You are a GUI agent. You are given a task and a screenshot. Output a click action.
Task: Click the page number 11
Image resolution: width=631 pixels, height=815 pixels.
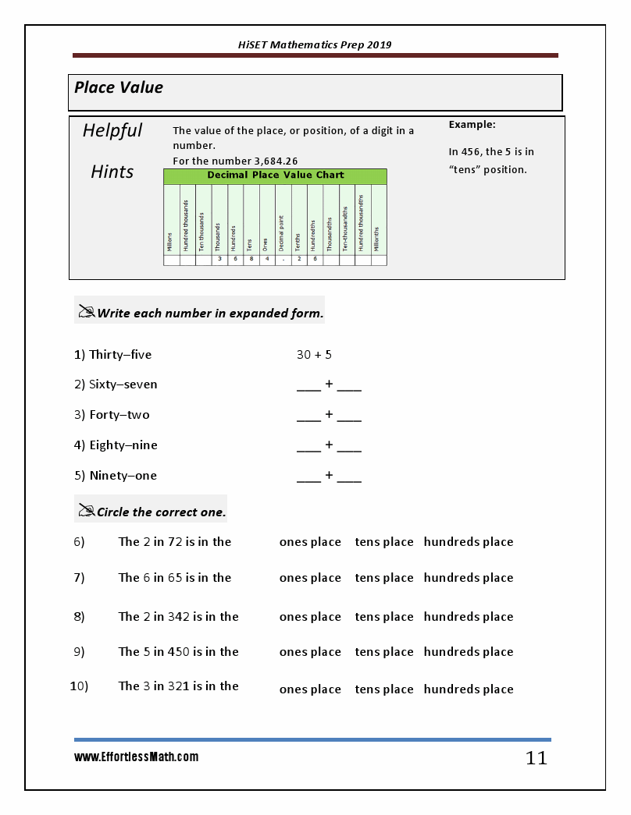click(537, 757)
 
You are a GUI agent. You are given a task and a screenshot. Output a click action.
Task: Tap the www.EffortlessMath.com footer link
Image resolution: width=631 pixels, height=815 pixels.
click(137, 757)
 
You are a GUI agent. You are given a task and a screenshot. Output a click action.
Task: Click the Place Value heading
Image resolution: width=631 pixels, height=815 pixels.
click(119, 87)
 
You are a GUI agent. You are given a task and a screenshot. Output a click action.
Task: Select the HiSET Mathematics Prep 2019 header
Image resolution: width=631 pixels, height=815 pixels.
click(315, 44)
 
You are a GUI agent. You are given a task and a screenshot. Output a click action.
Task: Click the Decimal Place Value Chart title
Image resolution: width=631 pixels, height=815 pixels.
click(275, 175)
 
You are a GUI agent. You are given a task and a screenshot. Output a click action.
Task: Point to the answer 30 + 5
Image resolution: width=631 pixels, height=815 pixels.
click(314, 355)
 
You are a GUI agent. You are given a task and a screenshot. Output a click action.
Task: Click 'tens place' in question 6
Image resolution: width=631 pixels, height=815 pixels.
click(384, 542)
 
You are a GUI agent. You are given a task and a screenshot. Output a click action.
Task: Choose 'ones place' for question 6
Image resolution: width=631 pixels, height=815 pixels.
click(310, 542)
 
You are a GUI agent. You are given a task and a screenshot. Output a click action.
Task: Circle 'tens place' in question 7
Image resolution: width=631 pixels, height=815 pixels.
click(384, 578)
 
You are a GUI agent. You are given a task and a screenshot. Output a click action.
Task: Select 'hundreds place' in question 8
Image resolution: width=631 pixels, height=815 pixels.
click(469, 617)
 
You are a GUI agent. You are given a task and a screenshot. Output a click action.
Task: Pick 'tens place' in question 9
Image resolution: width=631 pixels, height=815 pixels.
click(384, 652)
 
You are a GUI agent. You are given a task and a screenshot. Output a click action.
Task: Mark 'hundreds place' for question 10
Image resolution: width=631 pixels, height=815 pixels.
click(469, 689)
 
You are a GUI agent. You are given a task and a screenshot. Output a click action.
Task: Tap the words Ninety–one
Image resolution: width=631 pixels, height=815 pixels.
click(123, 476)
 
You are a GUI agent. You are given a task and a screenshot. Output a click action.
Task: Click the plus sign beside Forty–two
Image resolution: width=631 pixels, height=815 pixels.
click(329, 415)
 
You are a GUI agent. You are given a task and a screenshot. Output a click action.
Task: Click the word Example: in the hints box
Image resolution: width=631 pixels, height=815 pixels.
click(472, 125)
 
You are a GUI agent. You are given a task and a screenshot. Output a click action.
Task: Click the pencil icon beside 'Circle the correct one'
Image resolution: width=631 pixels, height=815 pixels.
click(86, 511)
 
